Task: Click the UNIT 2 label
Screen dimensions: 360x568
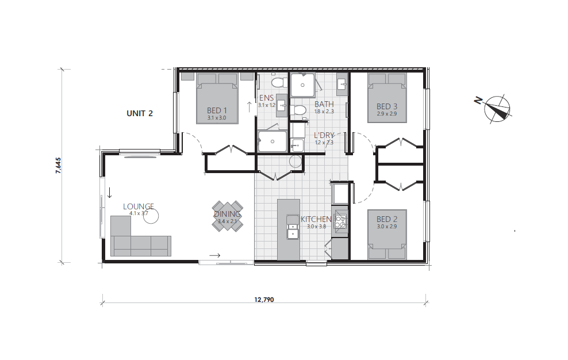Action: pyautogui.click(x=139, y=113)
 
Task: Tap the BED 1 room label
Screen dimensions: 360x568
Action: pyautogui.click(x=217, y=111)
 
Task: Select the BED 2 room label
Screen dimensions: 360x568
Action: pyautogui.click(x=387, y=219)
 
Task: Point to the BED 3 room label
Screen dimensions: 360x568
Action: pyautogui.click(x=387, y=106)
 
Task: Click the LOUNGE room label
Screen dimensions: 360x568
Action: pyautogui.click(x=139, y=206)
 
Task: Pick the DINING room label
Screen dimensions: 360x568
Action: pyautogui.click(x=228, y=215)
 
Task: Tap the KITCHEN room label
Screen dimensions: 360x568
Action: pyautogui.click(x=316, y=219)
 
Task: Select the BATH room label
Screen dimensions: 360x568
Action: pyautogui.click(x=324, y=104)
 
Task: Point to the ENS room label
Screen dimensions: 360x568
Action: pyautogui.click(x=266, y=98)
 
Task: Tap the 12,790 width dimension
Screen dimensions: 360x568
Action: pyautogui.click(x=264, y=300)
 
